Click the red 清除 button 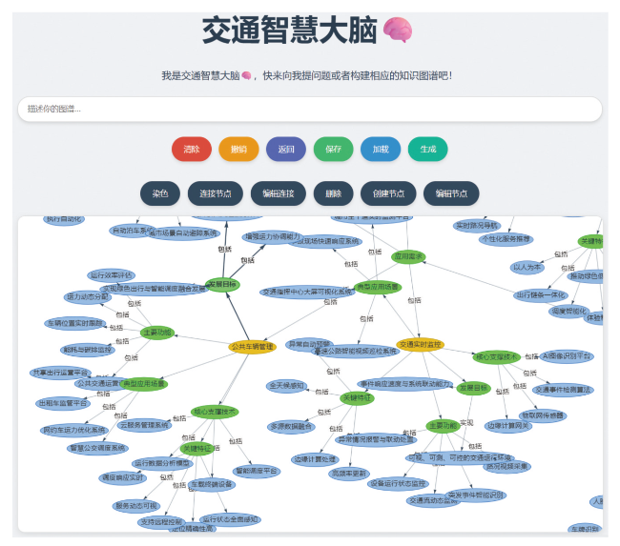(192, 149)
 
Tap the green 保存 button (333, 149)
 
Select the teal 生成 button (428, 149)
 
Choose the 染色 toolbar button (159, 193)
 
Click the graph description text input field (309, 110)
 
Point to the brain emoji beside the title (398, 30)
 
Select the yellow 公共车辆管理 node (252, 346)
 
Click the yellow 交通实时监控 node (421, 344)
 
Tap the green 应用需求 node (408, 256)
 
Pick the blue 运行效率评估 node (113, 274)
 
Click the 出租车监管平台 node (66, 403)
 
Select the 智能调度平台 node (257, 471)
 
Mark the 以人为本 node (527, 268)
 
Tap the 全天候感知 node (286, 386)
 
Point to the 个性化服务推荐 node (506, 239)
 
